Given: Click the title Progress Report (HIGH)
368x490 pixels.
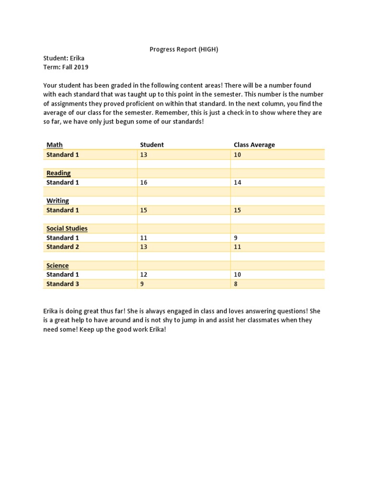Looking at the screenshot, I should pos(184,49).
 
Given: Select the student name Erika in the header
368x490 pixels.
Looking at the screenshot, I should pos(77,58).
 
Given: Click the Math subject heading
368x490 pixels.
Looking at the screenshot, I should pos(55,145).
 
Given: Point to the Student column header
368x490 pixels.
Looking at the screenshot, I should pos(152,145).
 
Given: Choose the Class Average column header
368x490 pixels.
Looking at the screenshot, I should pos(254,145).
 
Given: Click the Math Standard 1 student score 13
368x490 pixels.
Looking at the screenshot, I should pos(144,155).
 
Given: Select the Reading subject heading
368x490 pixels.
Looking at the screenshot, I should pos(58,173).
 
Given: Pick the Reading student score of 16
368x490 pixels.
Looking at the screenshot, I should pos(144,182).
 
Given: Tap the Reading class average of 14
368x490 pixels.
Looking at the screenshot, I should pos(238,182).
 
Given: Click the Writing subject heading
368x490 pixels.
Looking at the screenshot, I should pos(57,200).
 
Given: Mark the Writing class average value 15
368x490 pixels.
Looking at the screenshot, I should pos(238,210).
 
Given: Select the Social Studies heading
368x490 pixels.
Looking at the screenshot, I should pos(67,228).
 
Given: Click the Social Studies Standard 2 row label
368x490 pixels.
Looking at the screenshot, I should pos(63,247).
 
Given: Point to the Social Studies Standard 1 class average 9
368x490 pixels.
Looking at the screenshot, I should pos(236,238).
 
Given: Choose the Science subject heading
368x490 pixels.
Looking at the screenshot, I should pos(57,266).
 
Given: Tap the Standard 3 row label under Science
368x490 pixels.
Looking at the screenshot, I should pos(63,284).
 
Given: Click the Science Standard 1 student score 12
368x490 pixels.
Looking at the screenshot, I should pos(144,275).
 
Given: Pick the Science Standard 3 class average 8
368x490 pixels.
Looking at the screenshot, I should pos(236,284).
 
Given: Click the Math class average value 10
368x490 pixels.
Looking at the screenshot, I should pos(238,155).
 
